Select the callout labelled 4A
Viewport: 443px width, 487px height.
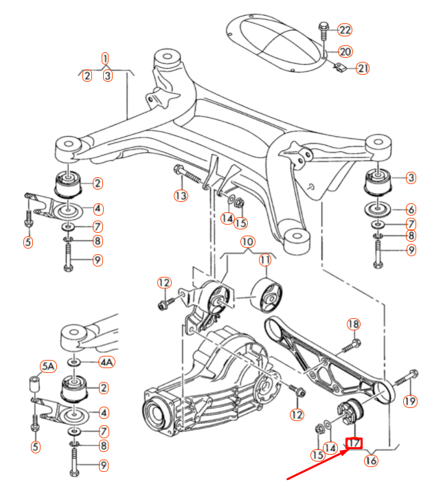coord(107,361)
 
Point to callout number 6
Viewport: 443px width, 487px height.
coord(410,209)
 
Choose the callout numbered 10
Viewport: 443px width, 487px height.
coord(247,242)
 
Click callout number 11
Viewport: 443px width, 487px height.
coord(265,260)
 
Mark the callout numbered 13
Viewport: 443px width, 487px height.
coord(181,196)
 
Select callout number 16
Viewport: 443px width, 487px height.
coord(371,460)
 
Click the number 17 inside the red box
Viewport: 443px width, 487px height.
coord(355,444)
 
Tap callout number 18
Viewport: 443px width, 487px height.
coord(353,324)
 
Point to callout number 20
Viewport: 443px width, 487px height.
coord(345,51)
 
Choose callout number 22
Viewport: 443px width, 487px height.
coord(345,30)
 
